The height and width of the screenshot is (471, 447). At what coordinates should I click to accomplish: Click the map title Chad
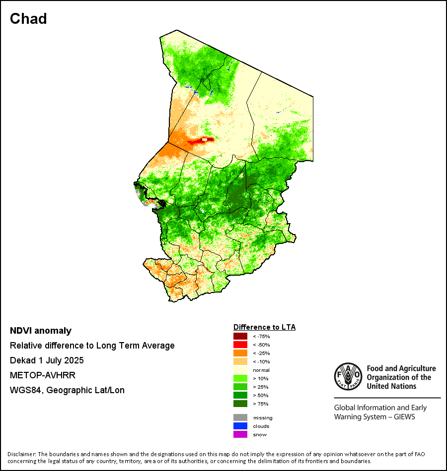tap(28, 19)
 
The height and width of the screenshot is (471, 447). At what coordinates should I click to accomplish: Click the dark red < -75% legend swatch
tap(240, 337)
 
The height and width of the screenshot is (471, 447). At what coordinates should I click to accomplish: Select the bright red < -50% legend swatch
tap(240, 345)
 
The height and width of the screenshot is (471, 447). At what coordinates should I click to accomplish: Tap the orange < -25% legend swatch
tap(240, 353)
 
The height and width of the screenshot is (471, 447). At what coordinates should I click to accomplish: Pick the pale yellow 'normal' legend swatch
tap(240, 370)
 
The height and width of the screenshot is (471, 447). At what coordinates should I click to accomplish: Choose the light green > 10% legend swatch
tap(240, 379)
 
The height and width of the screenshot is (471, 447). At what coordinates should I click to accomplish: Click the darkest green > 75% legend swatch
tap(240, 404)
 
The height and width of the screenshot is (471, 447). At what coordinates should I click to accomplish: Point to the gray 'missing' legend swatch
tap(240, 417)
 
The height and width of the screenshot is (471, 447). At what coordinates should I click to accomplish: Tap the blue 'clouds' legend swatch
tap(240, 426)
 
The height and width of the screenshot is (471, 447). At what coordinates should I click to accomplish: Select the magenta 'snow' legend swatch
tap(240, 434)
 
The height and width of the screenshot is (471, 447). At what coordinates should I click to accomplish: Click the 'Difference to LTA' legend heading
tap(264, 327)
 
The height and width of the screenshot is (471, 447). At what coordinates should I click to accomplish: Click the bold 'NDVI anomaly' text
tap(41, 331)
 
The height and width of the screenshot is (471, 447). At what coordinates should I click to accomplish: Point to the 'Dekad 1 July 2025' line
tap(47, 360)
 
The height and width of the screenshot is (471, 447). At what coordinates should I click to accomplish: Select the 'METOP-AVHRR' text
tap(43, 375)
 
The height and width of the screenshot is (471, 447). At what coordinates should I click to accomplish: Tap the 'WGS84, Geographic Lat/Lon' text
tap(67, 390)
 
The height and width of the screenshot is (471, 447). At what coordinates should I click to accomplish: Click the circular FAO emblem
tap(348, 377)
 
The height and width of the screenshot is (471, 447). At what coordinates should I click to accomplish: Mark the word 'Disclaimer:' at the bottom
tap(22, 454)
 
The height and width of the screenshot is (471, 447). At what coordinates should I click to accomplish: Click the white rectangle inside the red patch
tap(204, 140)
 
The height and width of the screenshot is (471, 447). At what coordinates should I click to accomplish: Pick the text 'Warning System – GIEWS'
tap(374, 417)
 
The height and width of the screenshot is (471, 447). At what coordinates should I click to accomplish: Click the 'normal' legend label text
tap(261, 370)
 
